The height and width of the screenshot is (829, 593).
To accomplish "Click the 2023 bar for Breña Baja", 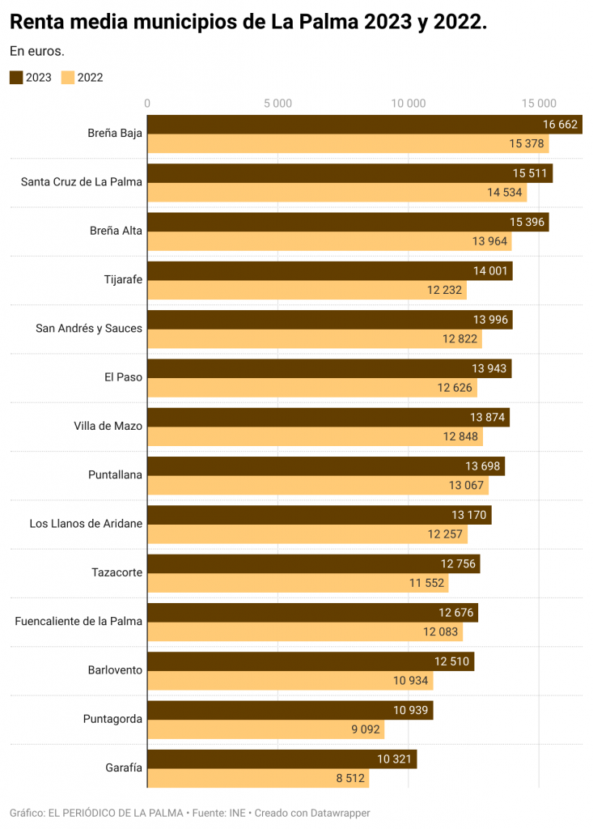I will click(364, 125).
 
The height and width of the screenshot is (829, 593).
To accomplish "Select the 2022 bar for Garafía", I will click(257, 779).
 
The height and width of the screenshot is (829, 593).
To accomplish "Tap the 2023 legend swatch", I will click(17, 78).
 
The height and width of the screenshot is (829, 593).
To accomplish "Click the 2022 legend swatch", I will click(68, 78).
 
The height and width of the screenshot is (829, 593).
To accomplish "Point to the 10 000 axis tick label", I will click(408, 103).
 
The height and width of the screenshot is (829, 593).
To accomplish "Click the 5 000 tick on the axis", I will click(277, 103).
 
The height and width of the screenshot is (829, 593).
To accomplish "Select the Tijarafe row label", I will click(123, 279).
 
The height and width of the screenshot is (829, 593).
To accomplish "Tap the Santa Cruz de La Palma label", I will click(82, 181).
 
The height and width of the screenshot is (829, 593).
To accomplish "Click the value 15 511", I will click(529, 173).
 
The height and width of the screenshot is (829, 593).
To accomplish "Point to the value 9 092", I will click(366, 729).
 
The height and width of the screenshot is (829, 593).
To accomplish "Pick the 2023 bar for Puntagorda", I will click(290, 710).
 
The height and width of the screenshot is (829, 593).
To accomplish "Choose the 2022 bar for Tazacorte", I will click(297, 583).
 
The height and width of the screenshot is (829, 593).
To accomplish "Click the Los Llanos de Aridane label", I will click(86, 523).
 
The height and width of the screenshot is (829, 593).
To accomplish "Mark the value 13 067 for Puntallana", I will click(466, 486).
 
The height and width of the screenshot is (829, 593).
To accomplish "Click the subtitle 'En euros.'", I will click(37, 51).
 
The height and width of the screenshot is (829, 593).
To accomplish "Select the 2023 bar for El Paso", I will click(329, 368).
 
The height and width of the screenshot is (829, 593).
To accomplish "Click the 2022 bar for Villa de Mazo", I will click(315, 437).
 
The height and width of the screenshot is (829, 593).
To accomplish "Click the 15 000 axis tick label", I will click(539, 103).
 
